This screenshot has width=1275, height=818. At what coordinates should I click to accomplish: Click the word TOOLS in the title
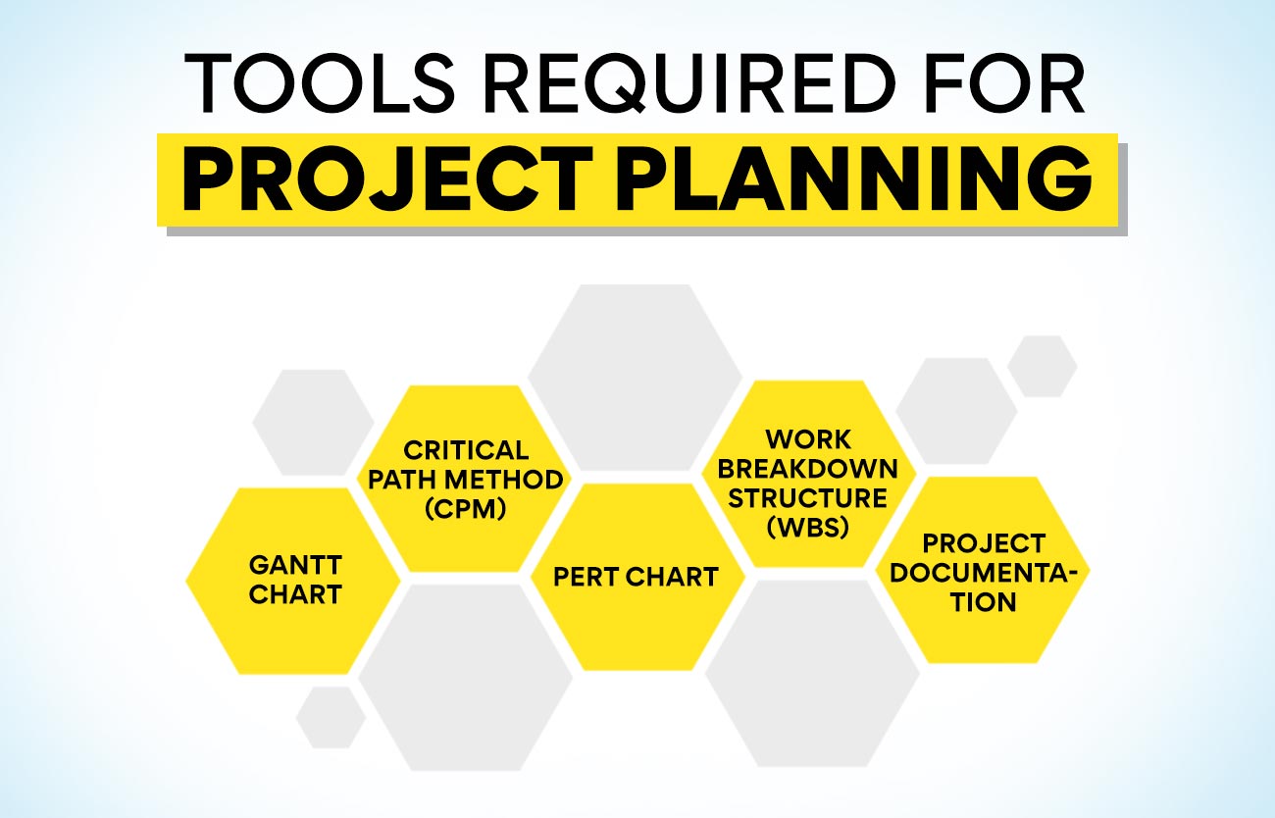tap(320, 83)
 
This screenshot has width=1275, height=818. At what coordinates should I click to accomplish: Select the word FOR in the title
tap(1004, 83)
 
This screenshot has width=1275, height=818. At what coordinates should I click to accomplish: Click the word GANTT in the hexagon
tap(295, 565)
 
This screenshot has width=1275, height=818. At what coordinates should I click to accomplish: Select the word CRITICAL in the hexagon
tap(466, 450)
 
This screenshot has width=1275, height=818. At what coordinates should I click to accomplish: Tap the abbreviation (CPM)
tap(466, 509)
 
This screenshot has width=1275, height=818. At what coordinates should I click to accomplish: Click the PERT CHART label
tap(636, 577)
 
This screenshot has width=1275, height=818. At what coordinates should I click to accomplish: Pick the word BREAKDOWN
tap(807, 469)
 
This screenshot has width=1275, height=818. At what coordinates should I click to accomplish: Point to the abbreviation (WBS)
tap(808, 527)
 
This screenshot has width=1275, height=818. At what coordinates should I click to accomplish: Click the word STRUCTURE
tap(807, 498)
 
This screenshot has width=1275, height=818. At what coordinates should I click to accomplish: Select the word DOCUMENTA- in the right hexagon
tap(984, 573)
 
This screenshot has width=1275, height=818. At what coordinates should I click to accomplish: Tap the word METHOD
tap(504, 480)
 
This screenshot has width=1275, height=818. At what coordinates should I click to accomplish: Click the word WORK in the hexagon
tap(808, 439)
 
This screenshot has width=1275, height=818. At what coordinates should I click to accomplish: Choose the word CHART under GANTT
tap(295, 594)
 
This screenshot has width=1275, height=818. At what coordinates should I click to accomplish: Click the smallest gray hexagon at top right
tap(1043, 366)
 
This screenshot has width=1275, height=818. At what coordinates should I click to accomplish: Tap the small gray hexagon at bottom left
tap(331, 717)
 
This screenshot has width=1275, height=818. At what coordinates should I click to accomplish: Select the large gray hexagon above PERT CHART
tap(635, 378)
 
